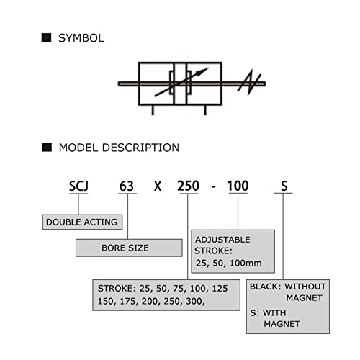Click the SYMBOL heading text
(81, 38)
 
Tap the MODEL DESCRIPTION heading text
(119, 148)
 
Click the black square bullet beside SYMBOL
(46, 37)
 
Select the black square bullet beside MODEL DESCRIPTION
(47, 148)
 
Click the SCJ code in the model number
(78, 186)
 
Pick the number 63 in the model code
(127, 186)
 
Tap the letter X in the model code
(158, 186)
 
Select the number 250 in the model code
(188, 186)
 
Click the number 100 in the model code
(238, 186)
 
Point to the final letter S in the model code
(284, 186)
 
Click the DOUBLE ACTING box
(82, 222)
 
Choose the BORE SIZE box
(129, 248)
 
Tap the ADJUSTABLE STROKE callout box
(233, 251)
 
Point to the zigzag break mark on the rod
(249, 82)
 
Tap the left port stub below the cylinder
(153, 110)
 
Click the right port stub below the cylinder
(205, 110)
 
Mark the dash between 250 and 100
(213, 186)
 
